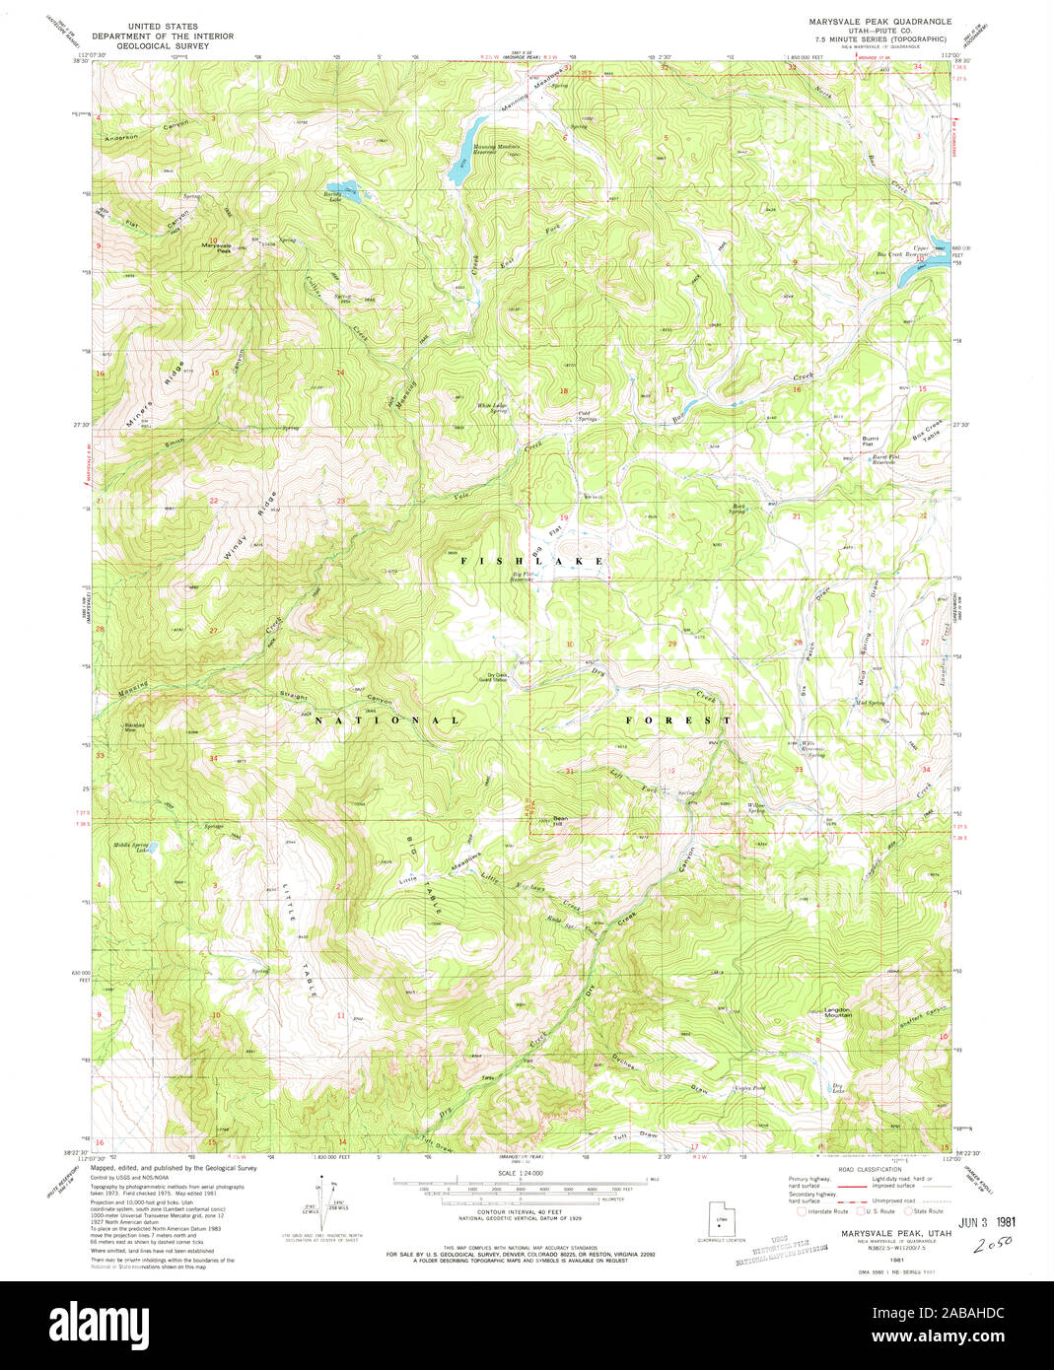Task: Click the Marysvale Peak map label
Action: (x=216, y=247)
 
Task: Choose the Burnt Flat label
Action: (x=870, y=442)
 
